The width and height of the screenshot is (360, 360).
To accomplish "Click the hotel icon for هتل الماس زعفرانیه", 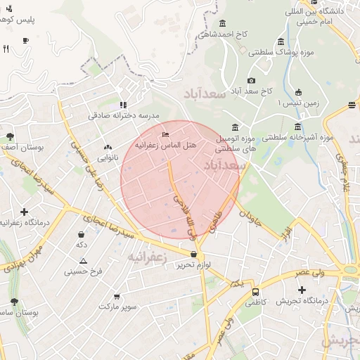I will click(x=166, y=134).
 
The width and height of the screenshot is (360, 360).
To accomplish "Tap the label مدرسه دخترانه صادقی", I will click(x=124, y=115).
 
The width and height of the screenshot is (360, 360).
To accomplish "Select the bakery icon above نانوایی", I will click(x=108, y=148).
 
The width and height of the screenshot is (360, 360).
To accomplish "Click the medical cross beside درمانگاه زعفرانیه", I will click(x=24, y=211).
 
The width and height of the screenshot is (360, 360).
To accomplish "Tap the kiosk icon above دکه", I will click(x=82, y=234).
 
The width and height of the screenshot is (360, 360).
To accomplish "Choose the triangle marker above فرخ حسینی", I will click(x=83, y=261).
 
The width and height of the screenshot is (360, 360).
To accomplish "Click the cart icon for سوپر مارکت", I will click(x=116, y=296).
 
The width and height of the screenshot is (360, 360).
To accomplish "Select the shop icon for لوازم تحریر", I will click(x=193, y=254).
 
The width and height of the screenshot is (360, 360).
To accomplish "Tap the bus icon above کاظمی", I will click(x=255, y=291).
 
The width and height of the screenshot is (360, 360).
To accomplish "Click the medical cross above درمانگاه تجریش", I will click(x=302, y=290).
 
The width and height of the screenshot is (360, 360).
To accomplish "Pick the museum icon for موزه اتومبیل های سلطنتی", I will click(x=234, y=128).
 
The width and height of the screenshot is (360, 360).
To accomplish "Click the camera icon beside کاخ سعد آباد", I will click(x=252, y=81).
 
